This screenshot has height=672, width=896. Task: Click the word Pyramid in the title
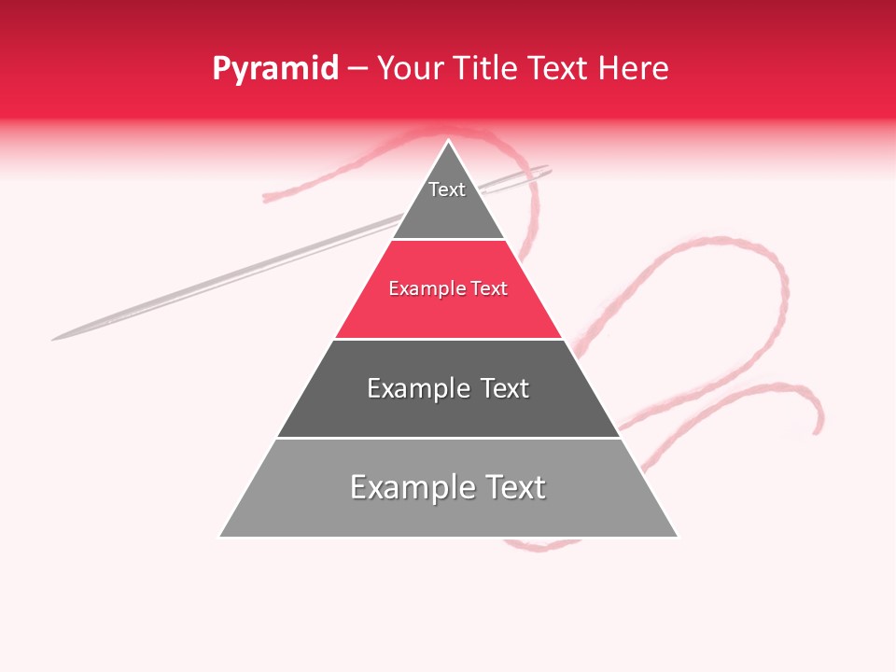[x=274, y=68]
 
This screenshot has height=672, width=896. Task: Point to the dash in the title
[x=357, y=69]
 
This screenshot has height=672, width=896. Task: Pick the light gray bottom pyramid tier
[x=448, y=513]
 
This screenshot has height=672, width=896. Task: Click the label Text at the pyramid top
[x=447, y=189]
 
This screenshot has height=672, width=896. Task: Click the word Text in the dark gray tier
[x=505, y=388]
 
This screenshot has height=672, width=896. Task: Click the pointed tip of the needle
[x=54, y=338]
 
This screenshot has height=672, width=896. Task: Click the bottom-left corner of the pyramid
[x=220, y=536]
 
